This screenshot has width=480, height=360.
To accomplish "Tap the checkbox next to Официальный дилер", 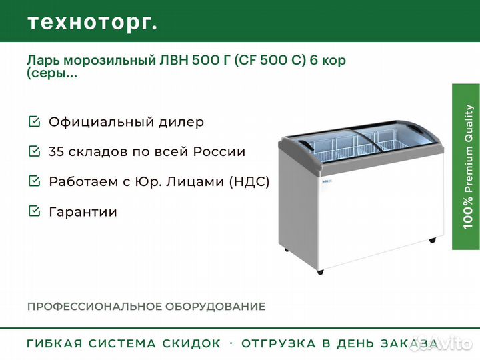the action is [34, 121].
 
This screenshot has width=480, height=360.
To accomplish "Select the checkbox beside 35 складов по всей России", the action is [34, 151].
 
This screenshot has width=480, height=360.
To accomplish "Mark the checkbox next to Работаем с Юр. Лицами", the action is [34, 181].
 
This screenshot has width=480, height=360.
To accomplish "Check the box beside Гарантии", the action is [34, 211].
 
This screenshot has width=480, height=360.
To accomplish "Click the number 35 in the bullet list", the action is [56, 152].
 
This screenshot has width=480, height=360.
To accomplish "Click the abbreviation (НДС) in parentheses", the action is [249, 182].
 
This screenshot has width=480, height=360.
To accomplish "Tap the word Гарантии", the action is [83, 212].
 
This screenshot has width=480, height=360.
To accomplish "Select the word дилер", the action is [181, 122].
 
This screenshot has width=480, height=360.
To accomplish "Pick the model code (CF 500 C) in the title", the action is [270, 60].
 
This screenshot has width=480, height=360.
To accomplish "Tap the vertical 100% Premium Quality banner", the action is [466, 167].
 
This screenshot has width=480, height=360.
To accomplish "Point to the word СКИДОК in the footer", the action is [191, 343].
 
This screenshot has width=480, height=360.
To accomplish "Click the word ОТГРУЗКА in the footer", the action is [279, 343].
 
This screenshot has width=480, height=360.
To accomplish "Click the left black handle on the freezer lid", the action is [307, 145].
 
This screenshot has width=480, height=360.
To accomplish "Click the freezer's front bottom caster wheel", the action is [320, 271].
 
